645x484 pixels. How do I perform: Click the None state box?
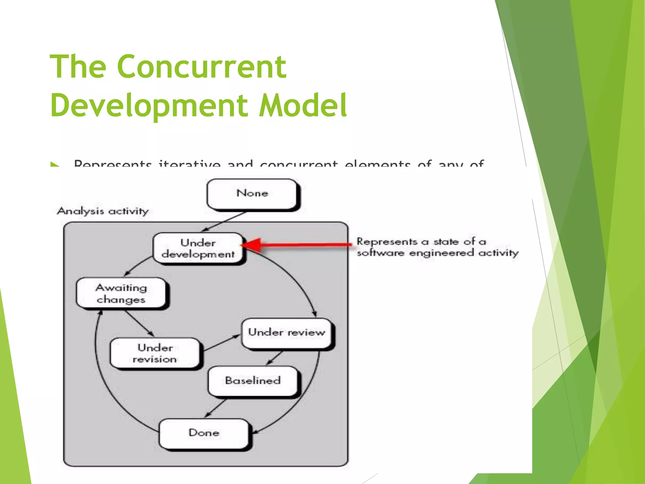pyautogui.click(x=252, y=193)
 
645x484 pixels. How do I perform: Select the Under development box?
pyautogui.click(x=198, y=248)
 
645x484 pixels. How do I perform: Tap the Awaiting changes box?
pyautogui.click(x=121, y=293)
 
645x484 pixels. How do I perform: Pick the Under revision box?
pyautogui.click(x=155, y=353)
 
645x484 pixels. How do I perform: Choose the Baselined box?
pyautogui.click(x=253, y=381)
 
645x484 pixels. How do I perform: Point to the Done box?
pyautogui.click(x=204, y=433)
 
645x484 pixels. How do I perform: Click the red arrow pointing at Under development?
pyautogui.click(x=299, y=245)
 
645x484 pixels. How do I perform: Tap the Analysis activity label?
pyautogui.click(x=103, y=211)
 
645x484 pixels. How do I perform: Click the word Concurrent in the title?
pyautogui.click(x=202, y=67)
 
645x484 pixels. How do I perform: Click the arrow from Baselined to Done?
pyautogui.click(x=216, y=408)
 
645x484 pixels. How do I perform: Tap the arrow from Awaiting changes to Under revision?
pyautogui.click(x=139, y=323)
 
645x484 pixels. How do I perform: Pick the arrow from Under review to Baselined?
pyautogui.click(x=274, y=358)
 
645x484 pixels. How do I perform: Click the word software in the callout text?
pyautogui.click(x=380, y=253)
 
